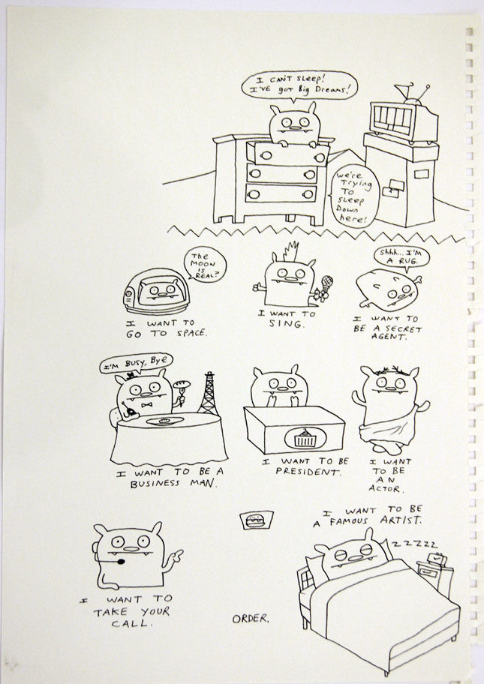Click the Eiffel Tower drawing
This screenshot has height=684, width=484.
[209, 394]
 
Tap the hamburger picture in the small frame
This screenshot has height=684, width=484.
[256, 520]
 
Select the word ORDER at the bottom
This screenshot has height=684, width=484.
[250, 619]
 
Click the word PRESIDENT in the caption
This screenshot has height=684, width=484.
[307, 472]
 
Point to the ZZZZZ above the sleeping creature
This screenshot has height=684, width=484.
[414, 544]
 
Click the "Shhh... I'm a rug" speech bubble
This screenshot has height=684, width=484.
[401, 258]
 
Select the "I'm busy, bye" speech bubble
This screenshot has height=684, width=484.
[136, 363]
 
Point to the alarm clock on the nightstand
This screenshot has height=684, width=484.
[437, 559]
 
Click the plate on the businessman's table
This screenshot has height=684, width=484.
[164, 421]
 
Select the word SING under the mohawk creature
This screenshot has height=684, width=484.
[285, 324]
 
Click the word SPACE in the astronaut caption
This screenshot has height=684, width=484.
[191, 333]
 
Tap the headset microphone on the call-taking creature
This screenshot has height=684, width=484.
[119, 560]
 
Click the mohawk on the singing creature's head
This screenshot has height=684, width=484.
[290, 252]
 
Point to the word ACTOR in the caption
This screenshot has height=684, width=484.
[386, 488]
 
